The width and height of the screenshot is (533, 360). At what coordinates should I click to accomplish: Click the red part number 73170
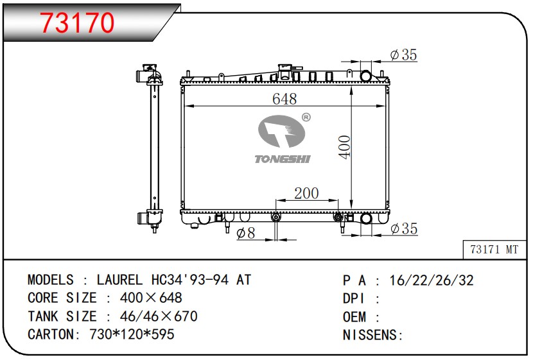(x=78, y=22)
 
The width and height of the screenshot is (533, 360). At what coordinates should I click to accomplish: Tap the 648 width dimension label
(x=284, y=99)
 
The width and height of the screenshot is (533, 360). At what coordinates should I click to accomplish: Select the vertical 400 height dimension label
(x=344, y=147)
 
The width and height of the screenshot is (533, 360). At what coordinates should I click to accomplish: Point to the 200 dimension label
(x=306, y=193)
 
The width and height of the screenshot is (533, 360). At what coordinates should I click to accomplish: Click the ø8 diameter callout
(x=245, y=233)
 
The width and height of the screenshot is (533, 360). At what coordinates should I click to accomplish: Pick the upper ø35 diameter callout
(x=403, y=55)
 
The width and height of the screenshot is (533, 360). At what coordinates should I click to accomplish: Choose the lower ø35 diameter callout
(x=404, y=228)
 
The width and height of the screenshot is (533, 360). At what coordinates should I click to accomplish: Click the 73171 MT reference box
(x=494, y=250)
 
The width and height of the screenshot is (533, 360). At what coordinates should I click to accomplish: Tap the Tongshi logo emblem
(x=281, y=131)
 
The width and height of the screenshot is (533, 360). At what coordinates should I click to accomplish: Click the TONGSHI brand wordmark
(x=283, y=159)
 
